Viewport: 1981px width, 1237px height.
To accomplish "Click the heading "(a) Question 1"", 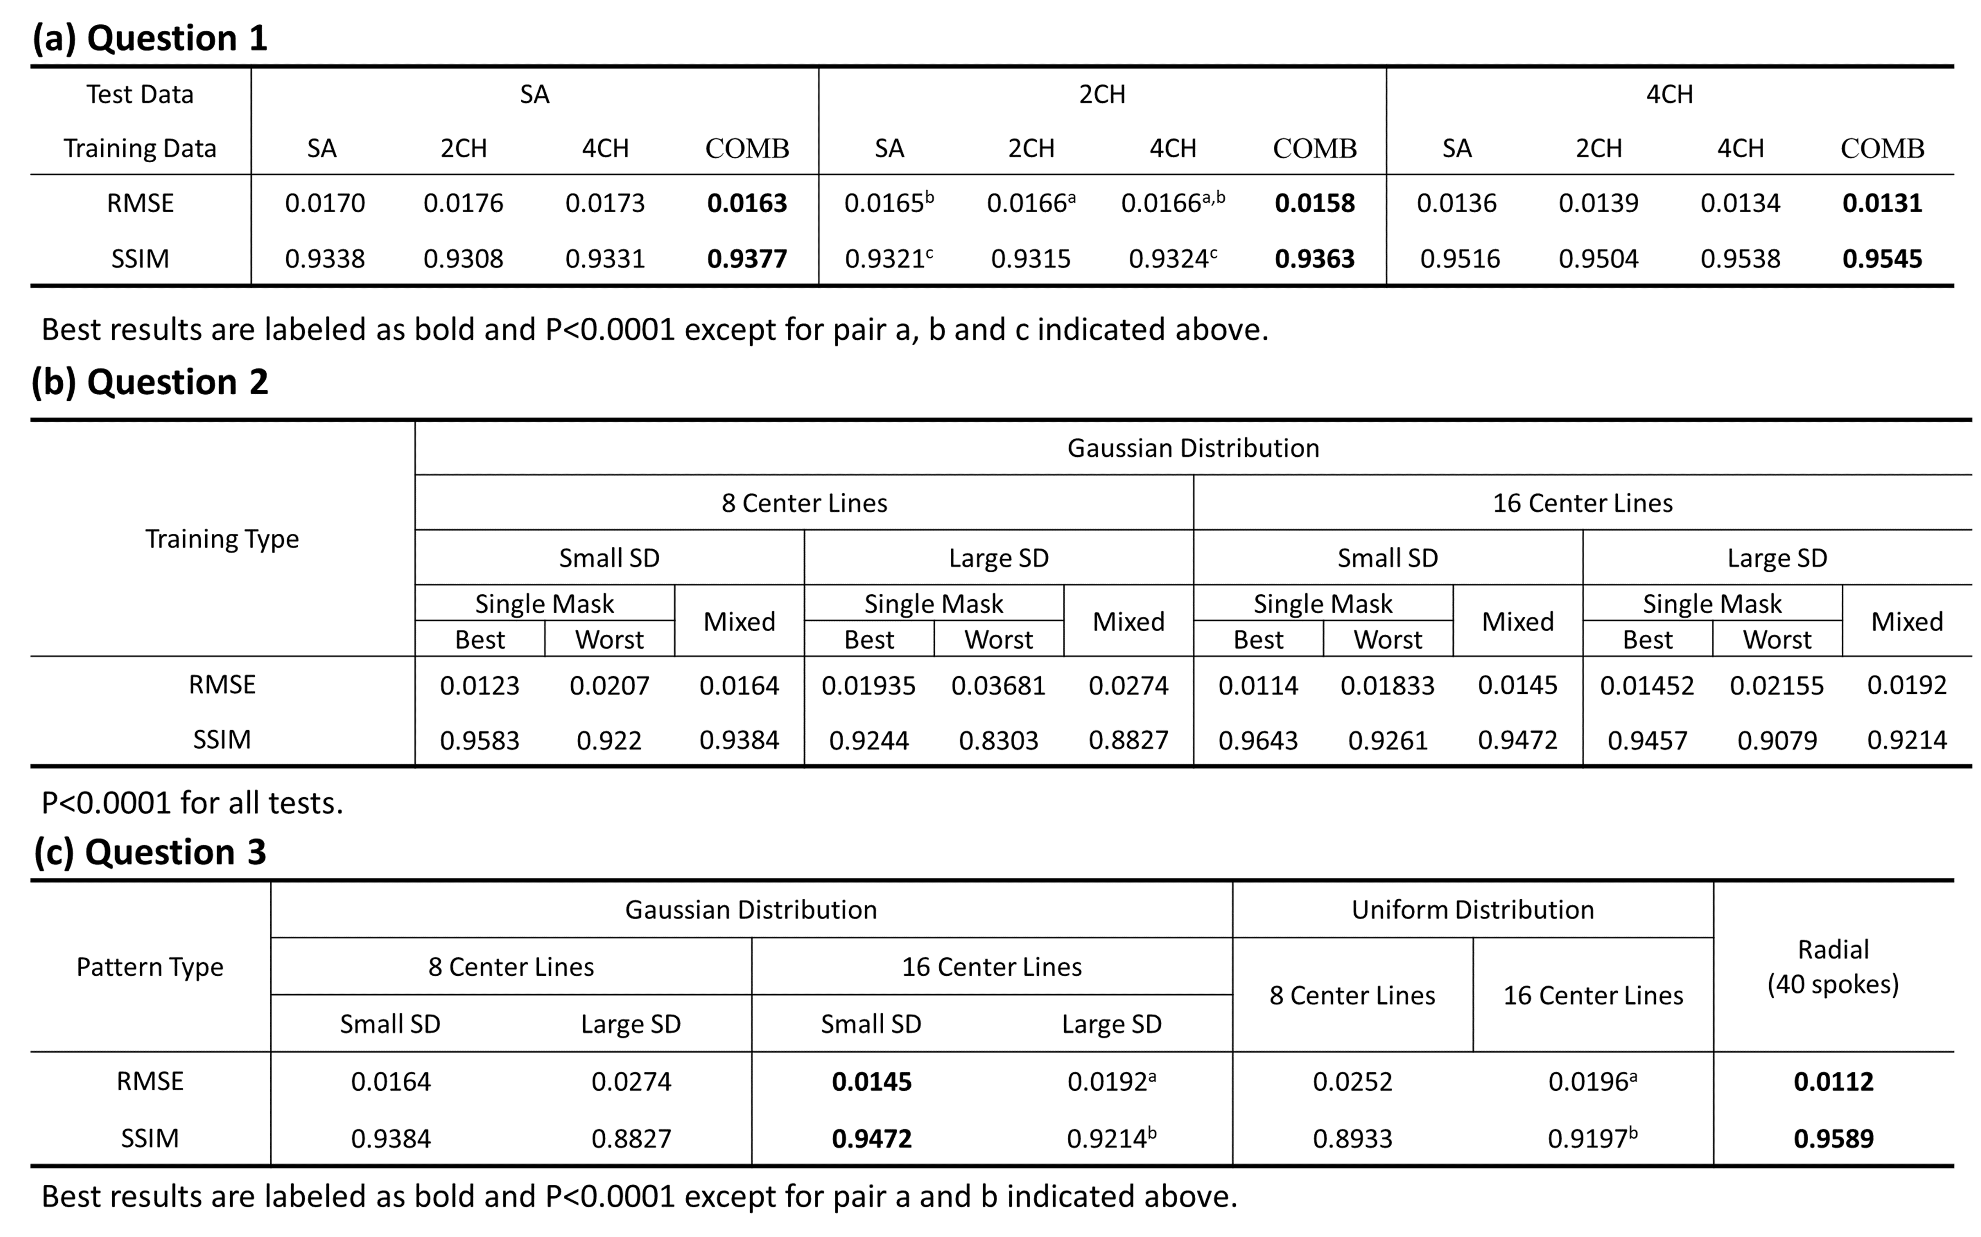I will pos(150,38).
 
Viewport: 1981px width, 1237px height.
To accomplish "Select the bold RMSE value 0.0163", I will pos(747,203).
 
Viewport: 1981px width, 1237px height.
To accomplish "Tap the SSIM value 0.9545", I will pos(1882,258).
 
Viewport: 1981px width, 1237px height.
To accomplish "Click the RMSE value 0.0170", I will pos(324,203).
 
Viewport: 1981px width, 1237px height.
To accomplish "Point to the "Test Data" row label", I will pos(140,94).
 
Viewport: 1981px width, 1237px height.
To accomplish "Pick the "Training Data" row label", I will pos(140,148).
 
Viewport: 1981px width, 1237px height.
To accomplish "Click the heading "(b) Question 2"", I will pos(150,382).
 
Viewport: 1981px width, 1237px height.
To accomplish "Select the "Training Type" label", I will pos(222,538).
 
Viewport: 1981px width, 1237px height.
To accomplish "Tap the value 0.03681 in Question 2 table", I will pos(998,685).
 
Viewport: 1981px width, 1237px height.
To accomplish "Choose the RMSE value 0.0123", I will pos(479,685).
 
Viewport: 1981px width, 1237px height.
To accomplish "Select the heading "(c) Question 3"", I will pos(150,852).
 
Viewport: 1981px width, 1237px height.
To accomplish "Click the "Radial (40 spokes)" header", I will pos(1833,966).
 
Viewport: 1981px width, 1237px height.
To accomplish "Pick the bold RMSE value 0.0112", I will pos(1833,1081).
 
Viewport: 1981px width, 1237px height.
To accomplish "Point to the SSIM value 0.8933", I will pos(1353,1138).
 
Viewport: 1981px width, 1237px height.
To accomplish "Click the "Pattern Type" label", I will pos(150,966).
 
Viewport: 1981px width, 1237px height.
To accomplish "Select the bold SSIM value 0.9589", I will pos(1833,1138).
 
